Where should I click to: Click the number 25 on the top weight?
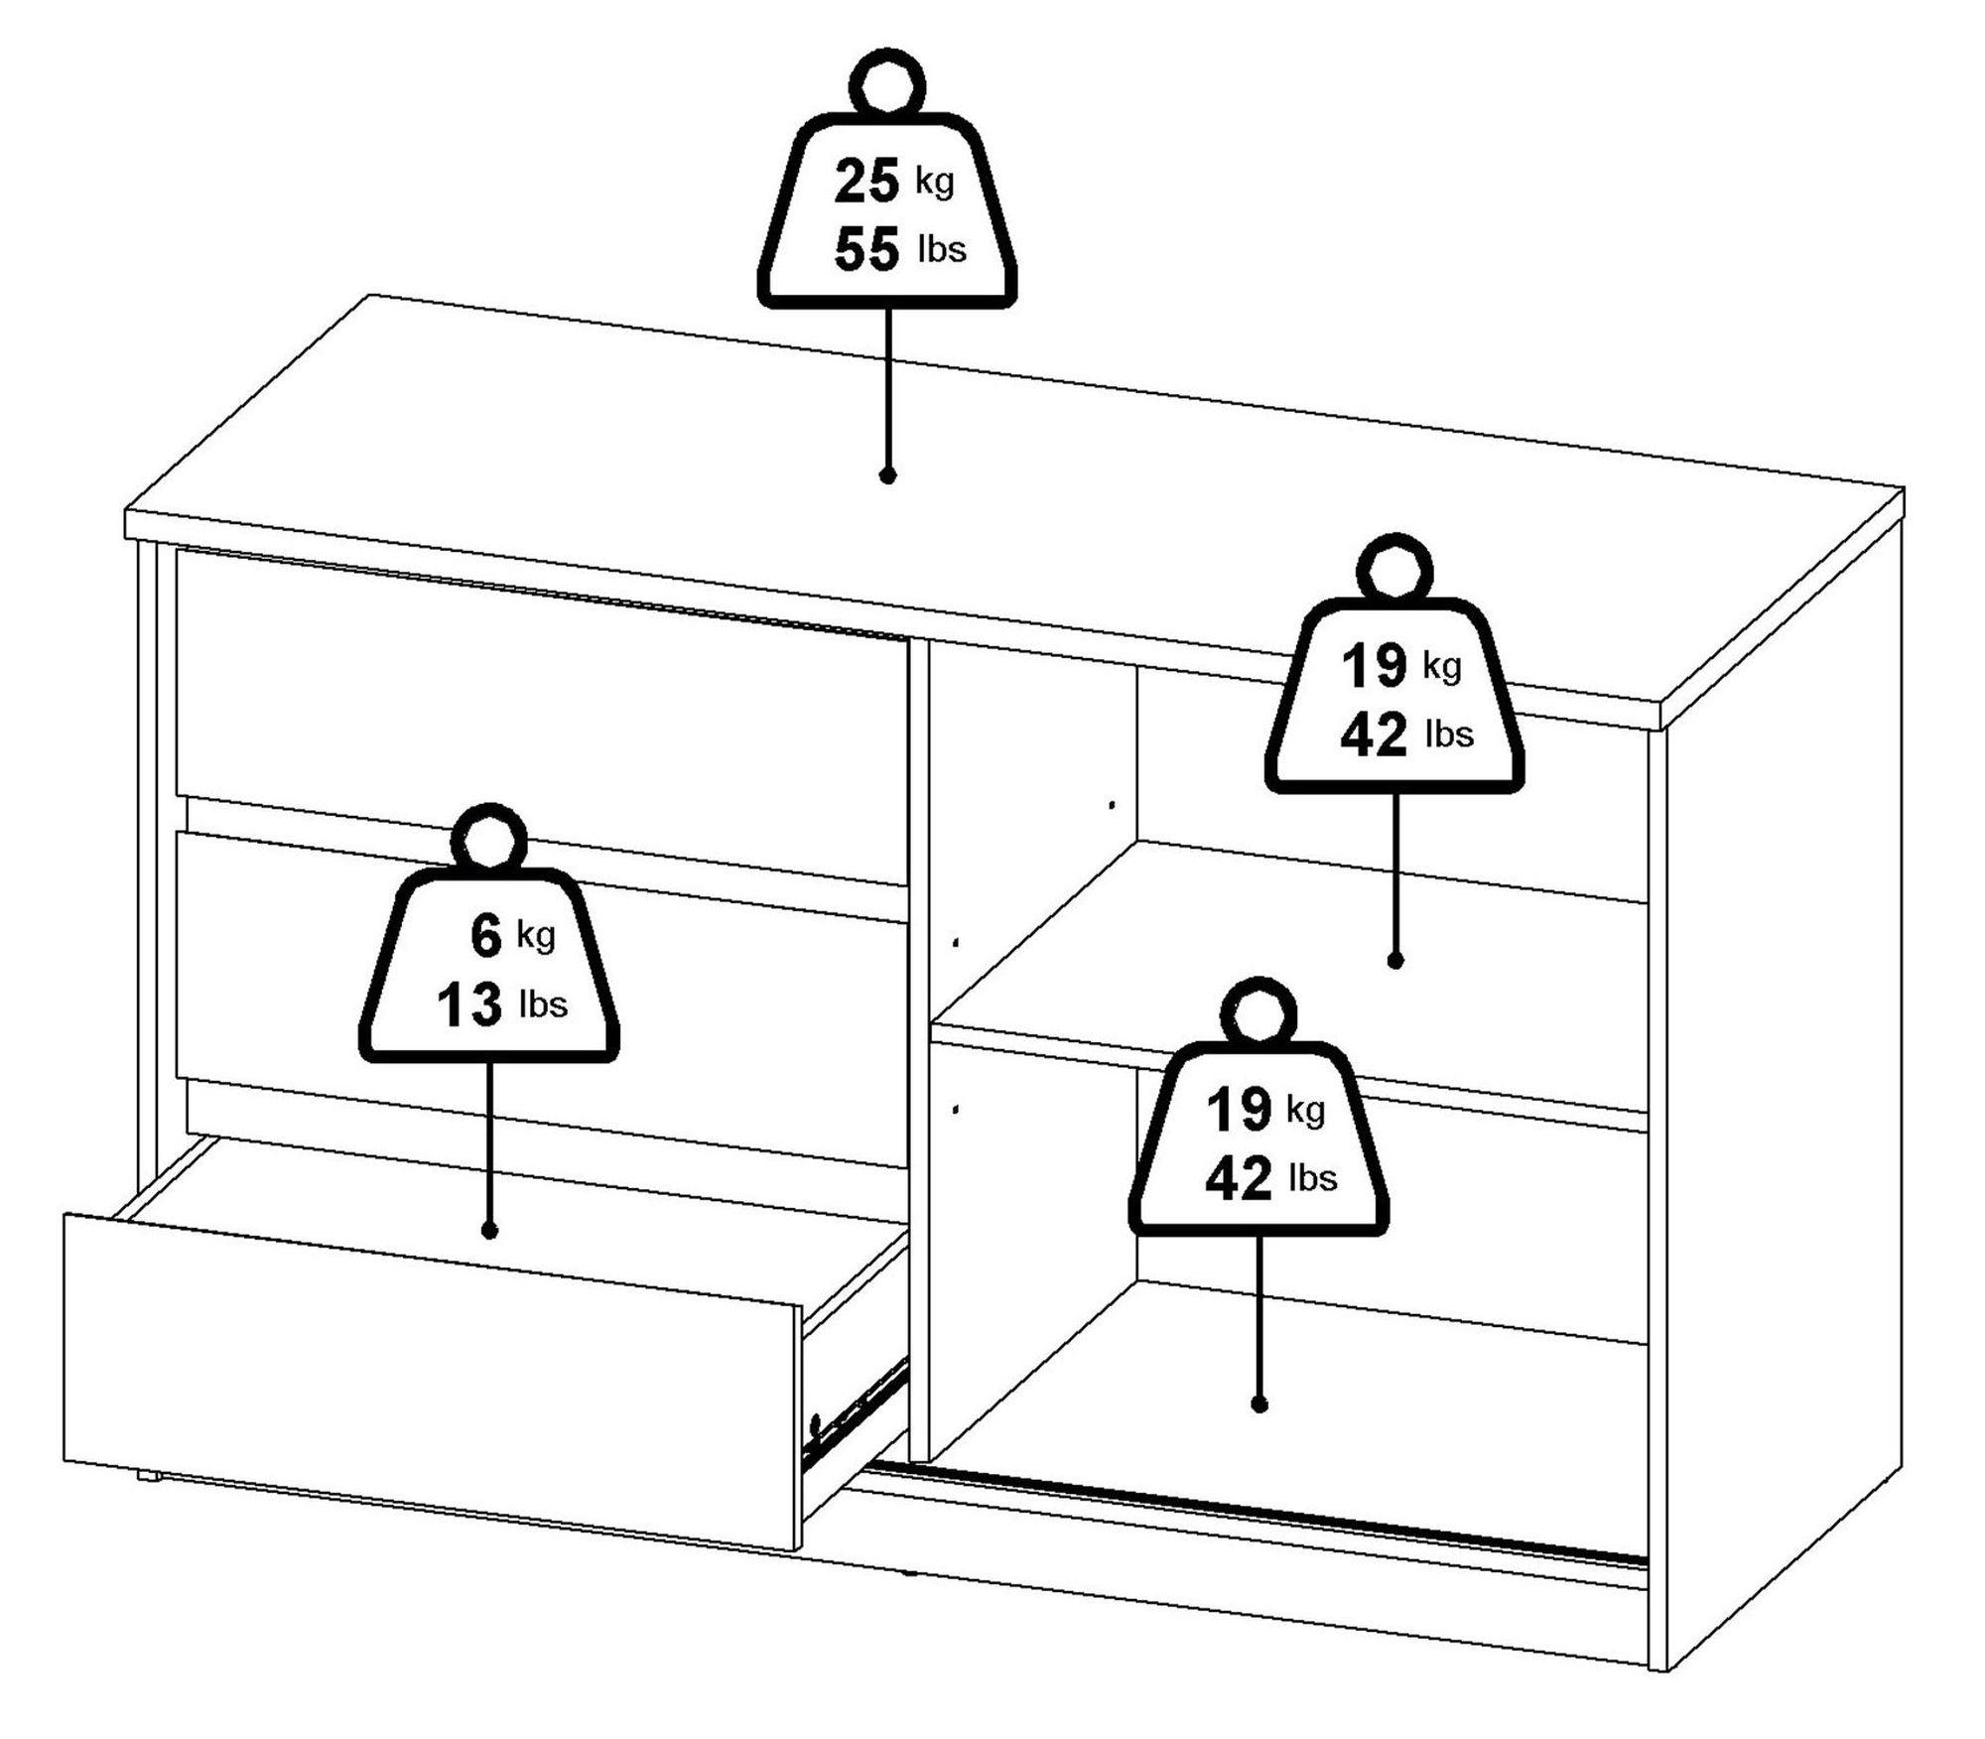pos(866,181)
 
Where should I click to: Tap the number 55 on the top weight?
pos(866,248)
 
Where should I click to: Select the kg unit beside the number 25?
pos(934,183)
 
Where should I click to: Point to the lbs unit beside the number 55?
pos(942,248)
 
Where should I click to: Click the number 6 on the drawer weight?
pos(486,937)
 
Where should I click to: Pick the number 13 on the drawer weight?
pos(469,1004)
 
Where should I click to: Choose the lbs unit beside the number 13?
pos(544,1004)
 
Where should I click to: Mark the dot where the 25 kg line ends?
pos(888,475)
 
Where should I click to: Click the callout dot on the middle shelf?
pos(1394,961)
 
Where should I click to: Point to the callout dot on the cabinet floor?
pos(1259,1405)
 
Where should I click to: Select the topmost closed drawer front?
pos(542,715)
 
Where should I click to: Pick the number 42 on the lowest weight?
pos(1239,1178)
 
